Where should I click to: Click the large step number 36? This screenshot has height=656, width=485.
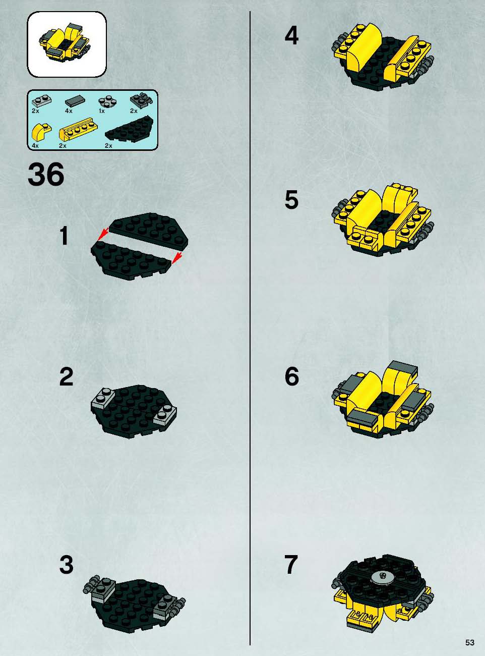pyautogui.click(x=46, y=175)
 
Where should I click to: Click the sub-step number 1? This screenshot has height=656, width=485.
pyautogui.click(x=65, y=236)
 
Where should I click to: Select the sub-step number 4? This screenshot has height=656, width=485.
pyautogui.click(x=291, y=36)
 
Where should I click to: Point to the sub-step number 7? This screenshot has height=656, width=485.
pyautogui.click(x=291, y=565)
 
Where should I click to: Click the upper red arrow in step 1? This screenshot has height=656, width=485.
pyautogui.click(x=102, y=234)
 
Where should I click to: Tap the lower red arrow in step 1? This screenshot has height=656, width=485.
pyautogui.click(x=176, y=258)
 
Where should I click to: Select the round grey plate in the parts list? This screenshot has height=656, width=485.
pyautogui.click(x=107, y=102)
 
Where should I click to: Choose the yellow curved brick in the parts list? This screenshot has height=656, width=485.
pyautogui.click(x=41, y=132)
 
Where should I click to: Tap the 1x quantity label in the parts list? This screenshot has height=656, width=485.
pyautogui.click(x=102, y=111)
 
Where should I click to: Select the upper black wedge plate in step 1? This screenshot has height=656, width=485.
pyautogui.click(x=148, y=229)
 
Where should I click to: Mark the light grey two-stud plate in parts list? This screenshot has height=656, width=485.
pyautogui.click(x=41, y=100)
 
